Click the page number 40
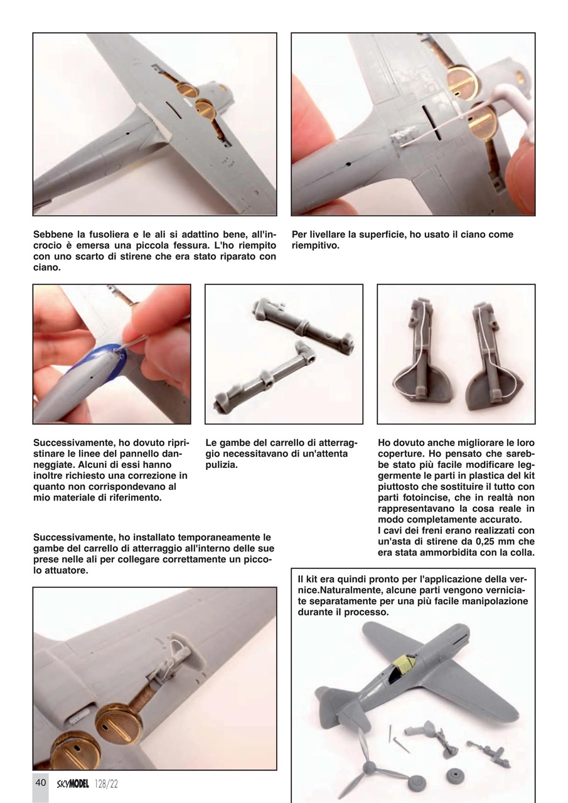coord(40,783)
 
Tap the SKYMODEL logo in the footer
coord(73,784)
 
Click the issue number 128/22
coord(107,784)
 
